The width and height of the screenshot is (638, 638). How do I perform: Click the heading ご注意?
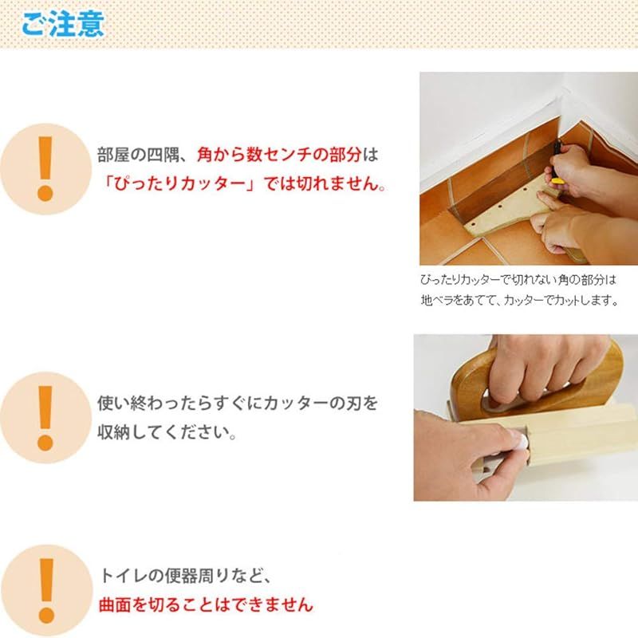coord(62,23)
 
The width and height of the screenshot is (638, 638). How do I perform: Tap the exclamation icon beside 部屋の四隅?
coord(45,167)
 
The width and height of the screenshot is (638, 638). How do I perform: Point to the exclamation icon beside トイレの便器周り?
coord(45,589)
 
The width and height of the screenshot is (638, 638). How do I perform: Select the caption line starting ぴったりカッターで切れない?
coord(518,281)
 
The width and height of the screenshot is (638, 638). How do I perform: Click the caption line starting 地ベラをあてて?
coord(518,301)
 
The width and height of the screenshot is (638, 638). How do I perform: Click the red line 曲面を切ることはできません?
coord(205,605)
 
